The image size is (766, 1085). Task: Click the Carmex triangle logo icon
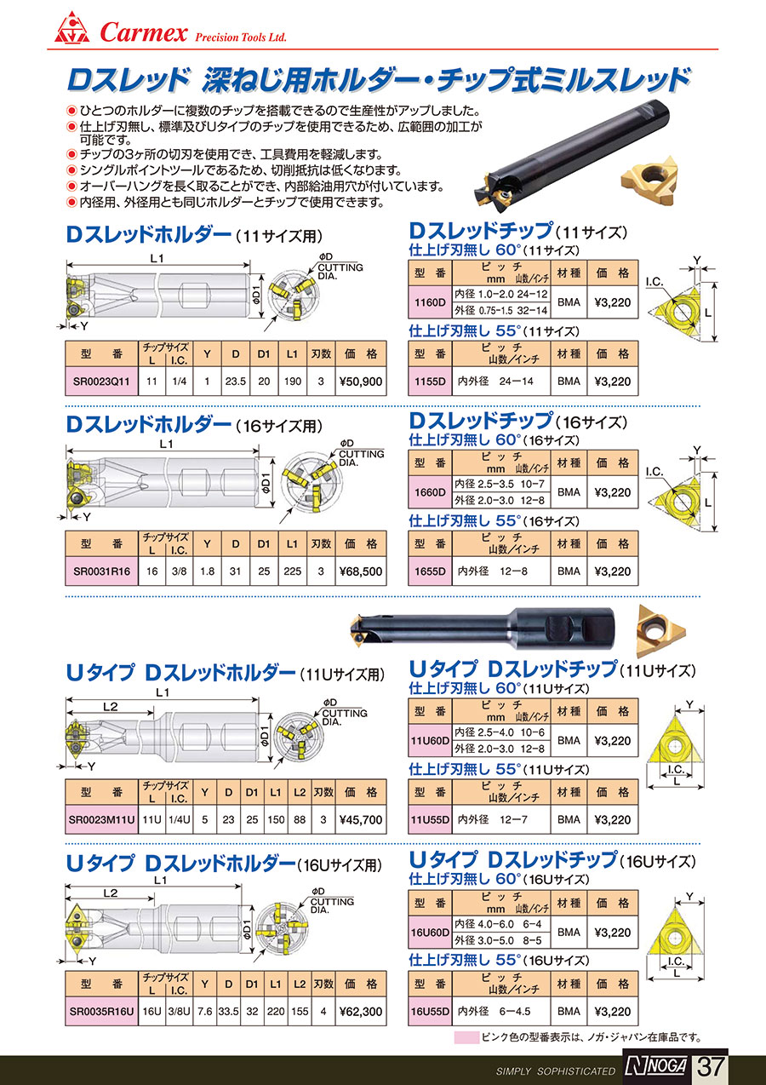click(x=71, y=27)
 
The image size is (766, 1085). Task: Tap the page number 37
click(x=711, y=1066)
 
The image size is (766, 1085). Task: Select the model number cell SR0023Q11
click(x=101, y=382)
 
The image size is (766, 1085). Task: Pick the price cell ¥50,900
click(x=361, y=382)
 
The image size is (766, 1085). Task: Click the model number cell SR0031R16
click(x=101, y=571)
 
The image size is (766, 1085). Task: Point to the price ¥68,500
click(x=361, y=571)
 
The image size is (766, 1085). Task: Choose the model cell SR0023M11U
click(x=101, y=819)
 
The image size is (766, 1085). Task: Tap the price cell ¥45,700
click(x=361, y=819)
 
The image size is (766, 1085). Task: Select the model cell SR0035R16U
click(x=101, y=1012)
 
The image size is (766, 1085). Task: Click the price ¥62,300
click(x=361, y=1012)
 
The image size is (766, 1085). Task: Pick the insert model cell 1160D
click(x=430, y=301)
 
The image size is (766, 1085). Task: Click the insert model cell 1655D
click(x=430, y=571)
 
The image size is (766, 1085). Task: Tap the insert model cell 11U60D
click(x=430, y=741)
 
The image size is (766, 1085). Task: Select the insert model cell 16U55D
click(x=430, y=1012)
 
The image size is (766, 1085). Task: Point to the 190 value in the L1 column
click(x=293, y=382)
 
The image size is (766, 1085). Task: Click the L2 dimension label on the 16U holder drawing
click(x=111, y=893)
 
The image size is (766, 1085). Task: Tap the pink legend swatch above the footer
click(x=466, y=1037)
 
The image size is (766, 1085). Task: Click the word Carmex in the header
click(x=143, y=32)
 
